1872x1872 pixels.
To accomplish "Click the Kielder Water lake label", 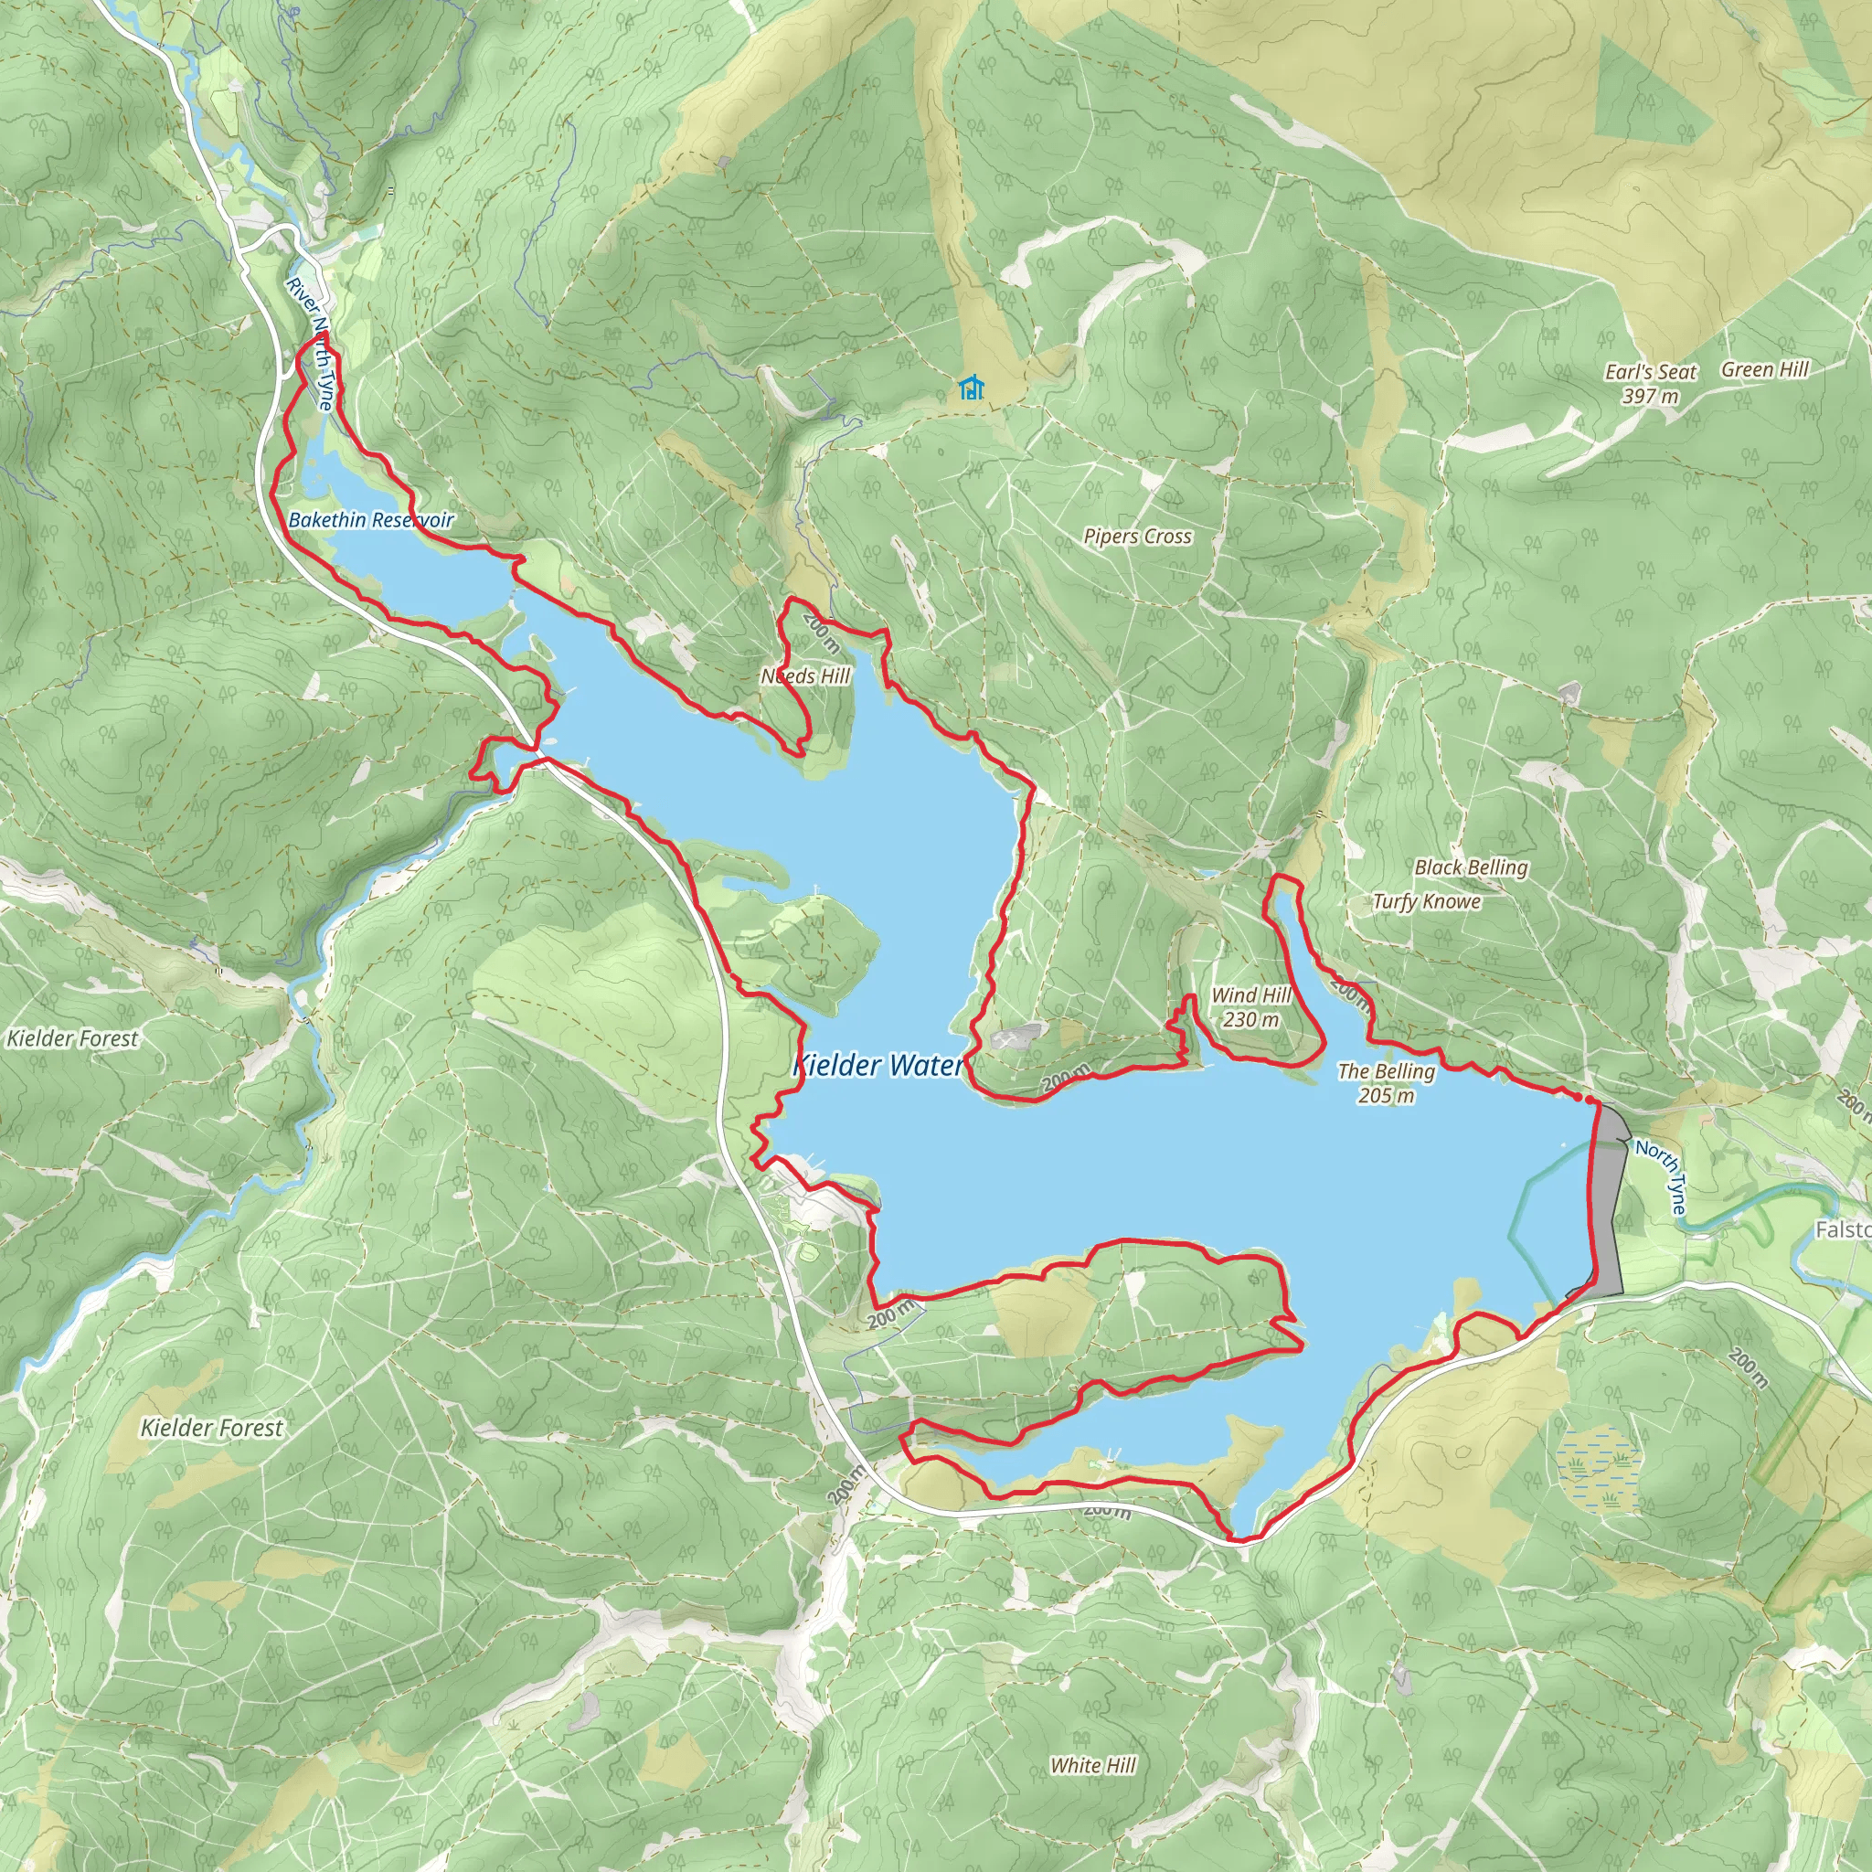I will click(877, 1066).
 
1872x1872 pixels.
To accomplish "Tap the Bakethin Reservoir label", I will click(371, 520).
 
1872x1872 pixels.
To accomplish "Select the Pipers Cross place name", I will click(1136, 537).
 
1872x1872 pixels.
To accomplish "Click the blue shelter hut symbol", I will click(971, 388).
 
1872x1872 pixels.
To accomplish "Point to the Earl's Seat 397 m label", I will click(1650, 384).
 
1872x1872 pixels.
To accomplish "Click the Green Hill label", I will click(1764, 370).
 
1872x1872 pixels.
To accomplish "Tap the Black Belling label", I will click(1470, 867).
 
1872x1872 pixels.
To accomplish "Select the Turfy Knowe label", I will click(1425, 902).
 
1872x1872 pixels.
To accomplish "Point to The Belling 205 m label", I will click(1386, 1083).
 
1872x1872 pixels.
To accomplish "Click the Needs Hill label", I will click(804, 676).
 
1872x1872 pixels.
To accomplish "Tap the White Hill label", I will click(1092, 1765).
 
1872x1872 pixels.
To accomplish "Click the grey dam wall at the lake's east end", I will click(1609, 1201).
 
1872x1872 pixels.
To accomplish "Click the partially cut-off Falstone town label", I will click(1842, 1230).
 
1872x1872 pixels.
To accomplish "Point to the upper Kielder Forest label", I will click(73, 1038).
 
